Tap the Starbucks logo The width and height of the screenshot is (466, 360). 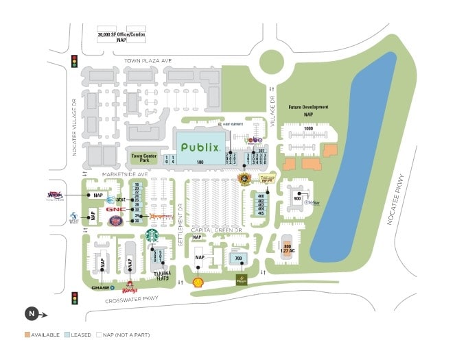[151, 235]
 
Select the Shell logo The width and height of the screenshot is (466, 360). [198, 281]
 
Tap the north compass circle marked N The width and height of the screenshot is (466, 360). [31, 315]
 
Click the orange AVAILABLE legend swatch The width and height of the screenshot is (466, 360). [27, 335]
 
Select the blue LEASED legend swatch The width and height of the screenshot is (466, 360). [67, 335]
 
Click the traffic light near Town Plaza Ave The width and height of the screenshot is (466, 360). [74, 62]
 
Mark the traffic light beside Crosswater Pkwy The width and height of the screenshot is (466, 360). [74, 298]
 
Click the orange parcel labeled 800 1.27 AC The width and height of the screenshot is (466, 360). [288, 250]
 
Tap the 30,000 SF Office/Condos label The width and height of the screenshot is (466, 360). [121, 36]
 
